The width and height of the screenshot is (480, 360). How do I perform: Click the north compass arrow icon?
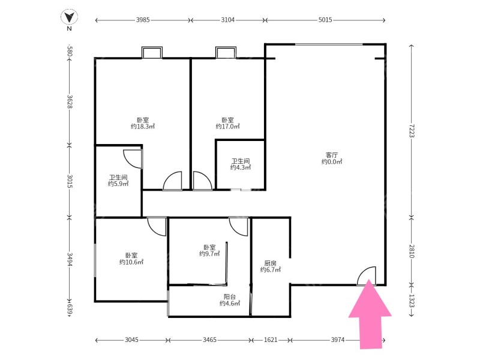(x=69, y=17)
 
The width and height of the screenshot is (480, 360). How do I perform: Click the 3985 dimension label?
(x=143, y=20)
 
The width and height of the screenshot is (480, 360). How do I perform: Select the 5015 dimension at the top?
(x=325, y=20)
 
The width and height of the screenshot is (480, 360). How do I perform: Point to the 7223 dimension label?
(x=412, y=131)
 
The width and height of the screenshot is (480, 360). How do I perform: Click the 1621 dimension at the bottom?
(x=271, y=340)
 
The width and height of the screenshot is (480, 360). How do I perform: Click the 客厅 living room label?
(x=332, y=155)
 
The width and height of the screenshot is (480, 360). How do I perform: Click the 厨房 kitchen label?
(x=271, y=263)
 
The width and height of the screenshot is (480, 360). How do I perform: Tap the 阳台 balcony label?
(x=230, y=296)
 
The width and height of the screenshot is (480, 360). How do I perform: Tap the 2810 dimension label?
(x=412, y=251)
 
